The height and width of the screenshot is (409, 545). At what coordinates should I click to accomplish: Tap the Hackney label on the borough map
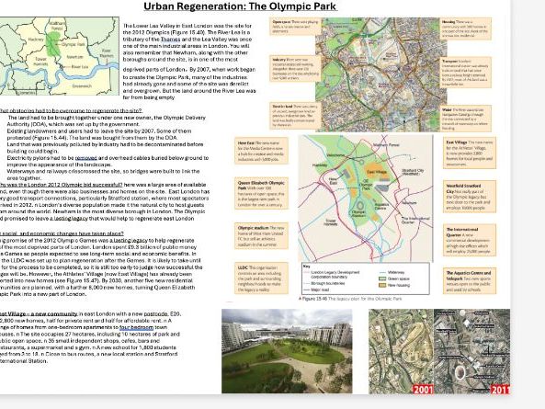coord(36,40)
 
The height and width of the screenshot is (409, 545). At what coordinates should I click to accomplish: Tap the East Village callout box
coord(470,152)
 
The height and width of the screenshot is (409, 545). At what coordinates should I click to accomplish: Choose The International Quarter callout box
coord(470,240)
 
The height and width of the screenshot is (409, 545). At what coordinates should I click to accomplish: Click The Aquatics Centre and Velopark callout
coord(470,281)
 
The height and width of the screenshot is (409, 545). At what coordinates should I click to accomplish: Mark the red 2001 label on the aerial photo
coord(423,390)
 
